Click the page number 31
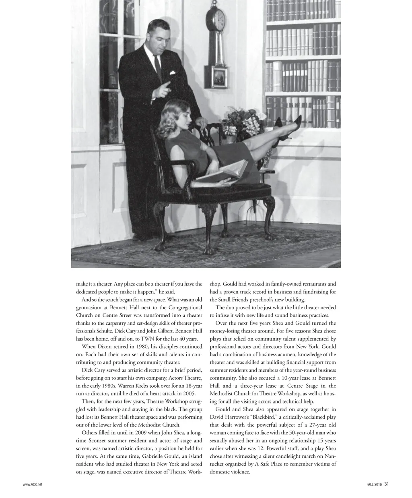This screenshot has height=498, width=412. (386, 484)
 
